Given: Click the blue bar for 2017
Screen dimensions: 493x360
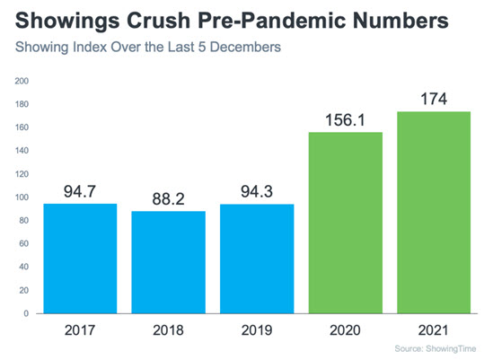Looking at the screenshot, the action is pyautogui.click(x=80, y=259).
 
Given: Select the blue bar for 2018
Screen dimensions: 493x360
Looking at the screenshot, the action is pyautogui.click(x=169, y=262).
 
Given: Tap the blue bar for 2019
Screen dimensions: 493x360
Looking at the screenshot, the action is pyautogui.click(x=257, y=259).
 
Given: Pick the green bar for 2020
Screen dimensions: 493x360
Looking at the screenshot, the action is pyautogui.click(x=346, y=223).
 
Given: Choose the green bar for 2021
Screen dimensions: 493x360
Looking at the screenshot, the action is pyautogui.click(x=434, y=213).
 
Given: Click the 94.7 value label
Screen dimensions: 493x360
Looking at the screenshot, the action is pyautogui.click(x=80, y=191).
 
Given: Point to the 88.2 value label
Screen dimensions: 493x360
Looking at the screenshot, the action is pyautogui.click(x=169, y=199).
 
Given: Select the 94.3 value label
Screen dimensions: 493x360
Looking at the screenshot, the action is pyautogui.click(x=257, y=192).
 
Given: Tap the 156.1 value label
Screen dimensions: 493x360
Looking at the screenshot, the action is pyautogui.click(x=345, y=120).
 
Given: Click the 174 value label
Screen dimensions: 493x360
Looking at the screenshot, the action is pyautogui.click(x=434, y=99).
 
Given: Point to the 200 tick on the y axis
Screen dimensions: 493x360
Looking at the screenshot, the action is pyautogui.click(x=22, y=81).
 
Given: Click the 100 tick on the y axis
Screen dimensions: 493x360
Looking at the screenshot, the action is pyautogui.click(x=22, y=198).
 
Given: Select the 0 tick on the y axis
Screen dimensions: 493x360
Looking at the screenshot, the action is pyautogui.click(x=26, y=313).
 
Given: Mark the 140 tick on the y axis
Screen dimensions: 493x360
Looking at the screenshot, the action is pyautogui.click(x=22, y=151).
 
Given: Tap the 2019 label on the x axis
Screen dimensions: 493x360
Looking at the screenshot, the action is pyautogui.click(x=257, y=330).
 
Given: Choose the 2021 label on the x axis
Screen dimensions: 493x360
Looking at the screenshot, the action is pyautogui.click(x=434, y=330).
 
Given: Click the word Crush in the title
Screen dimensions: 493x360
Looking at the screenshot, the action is pyautogui.click(x=158, y=21).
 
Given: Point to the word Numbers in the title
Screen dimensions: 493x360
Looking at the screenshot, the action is pyautogui.click(x=401, y=21).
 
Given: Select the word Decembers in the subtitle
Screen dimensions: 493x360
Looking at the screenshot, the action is pyautogui.click(x=245, y=47).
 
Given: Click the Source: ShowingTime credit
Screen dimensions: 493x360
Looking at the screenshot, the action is pyautogui.click(x=436, y=348).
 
